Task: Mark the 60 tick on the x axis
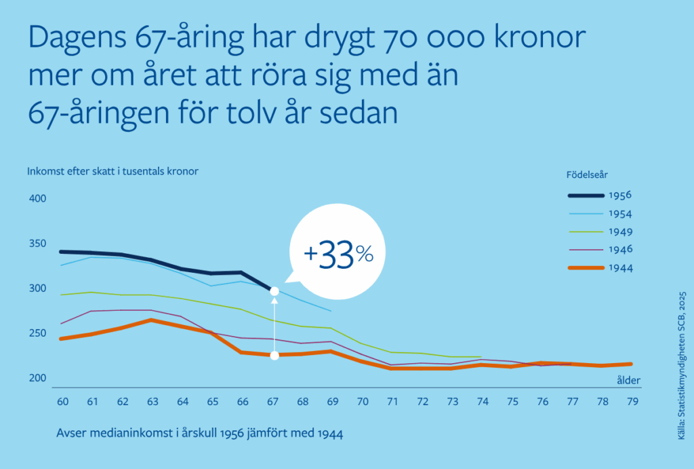62,401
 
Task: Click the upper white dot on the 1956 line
274,291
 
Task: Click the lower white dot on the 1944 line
274,355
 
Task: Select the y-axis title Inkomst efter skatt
113,171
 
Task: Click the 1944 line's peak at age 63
152,320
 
